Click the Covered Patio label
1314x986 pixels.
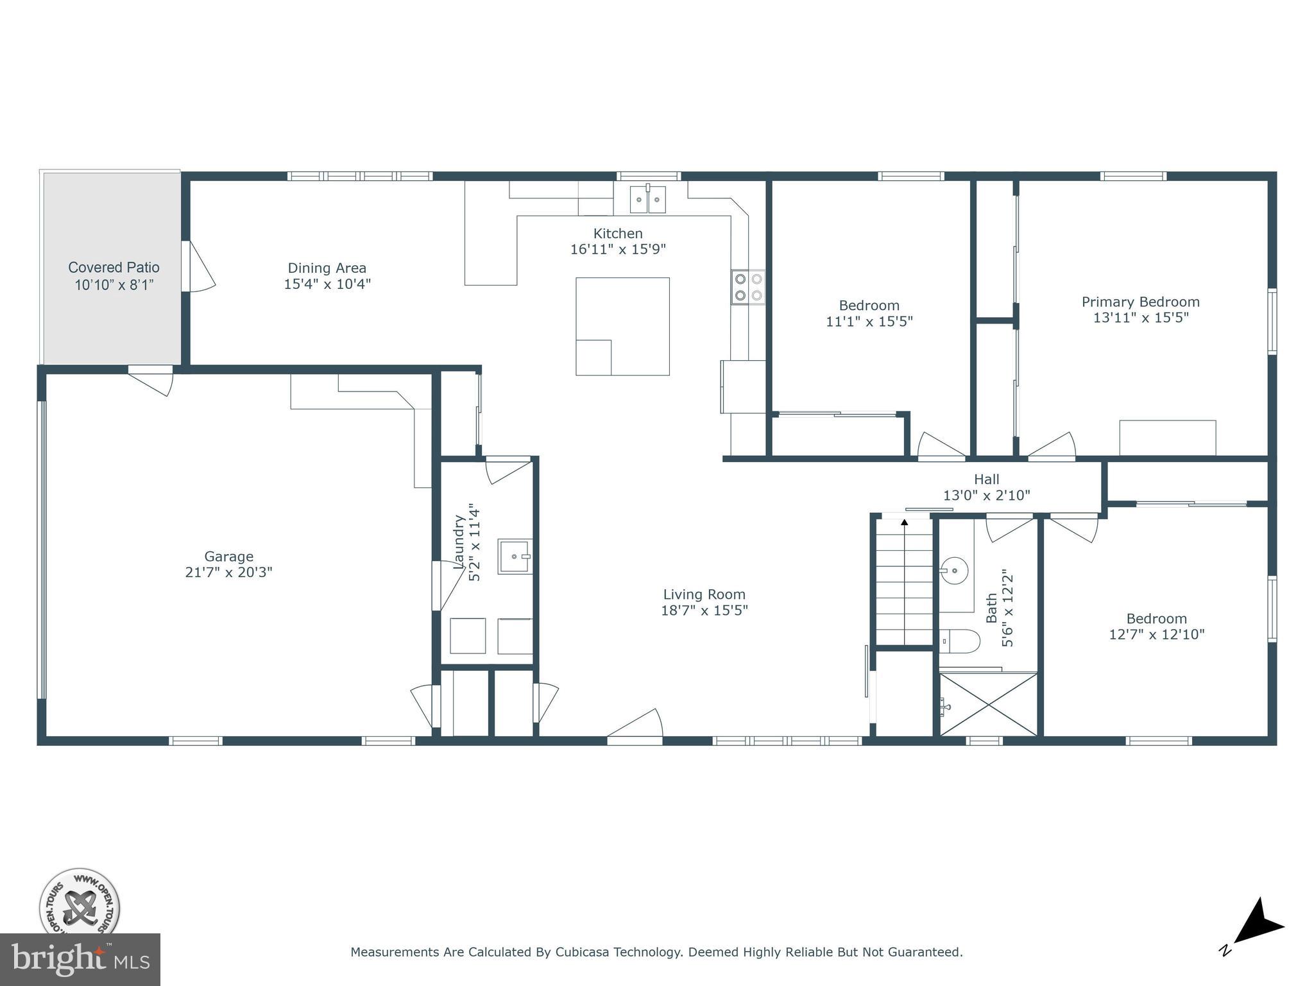[x=114, y=268]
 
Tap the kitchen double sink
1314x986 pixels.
[x=647, y=199]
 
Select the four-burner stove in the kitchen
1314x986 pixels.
[x=748, y=287]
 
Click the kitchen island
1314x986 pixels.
[x=622, y=326]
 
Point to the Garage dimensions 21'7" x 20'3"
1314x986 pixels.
[x=228, y=573]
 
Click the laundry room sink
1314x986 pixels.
[x=515, y=557]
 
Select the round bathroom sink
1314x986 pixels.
[x=955, y=569]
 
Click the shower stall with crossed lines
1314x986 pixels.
[x=989, y=704]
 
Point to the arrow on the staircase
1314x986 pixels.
[x=905, y=523]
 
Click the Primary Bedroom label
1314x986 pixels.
[x=1140, y=302]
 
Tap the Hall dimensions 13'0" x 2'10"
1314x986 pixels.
[x=986, y=496]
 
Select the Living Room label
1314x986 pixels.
[x=704, y=595]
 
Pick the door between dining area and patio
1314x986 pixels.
[x=198, y=266]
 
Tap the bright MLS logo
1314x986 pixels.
[x=80, y=960]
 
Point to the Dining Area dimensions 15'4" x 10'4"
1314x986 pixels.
[x=327, y=284]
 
